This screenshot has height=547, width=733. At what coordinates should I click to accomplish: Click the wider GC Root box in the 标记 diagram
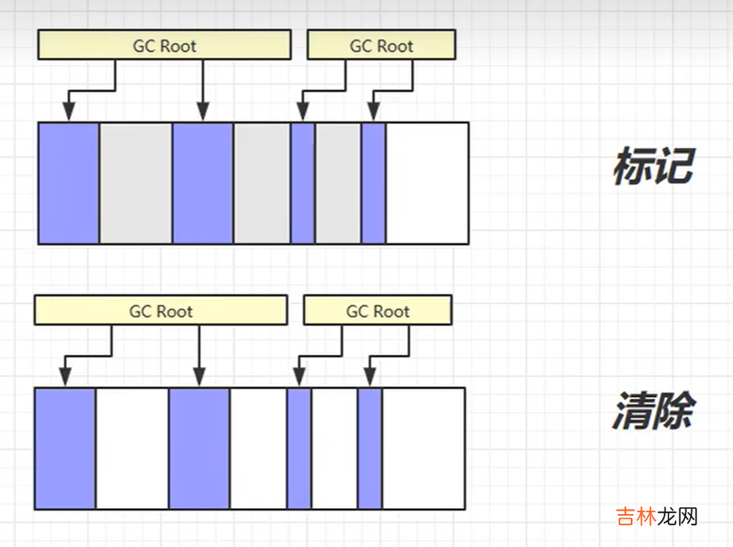point(165,45)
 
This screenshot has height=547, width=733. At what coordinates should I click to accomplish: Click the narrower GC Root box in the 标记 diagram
point(381,45)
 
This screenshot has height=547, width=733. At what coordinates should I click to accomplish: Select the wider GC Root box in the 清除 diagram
point(161,311)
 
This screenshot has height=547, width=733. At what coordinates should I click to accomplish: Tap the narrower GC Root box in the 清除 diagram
point(378,311)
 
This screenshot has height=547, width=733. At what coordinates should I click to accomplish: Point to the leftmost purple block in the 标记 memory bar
point(69,183)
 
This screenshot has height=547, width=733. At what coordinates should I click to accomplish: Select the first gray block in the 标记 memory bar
point(136,183)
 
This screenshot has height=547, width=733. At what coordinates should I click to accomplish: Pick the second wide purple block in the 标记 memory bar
point(203,183)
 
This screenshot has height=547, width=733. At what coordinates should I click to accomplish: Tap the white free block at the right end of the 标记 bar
point(426,183)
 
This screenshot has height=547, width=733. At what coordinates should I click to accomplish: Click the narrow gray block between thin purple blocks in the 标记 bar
point(338,183)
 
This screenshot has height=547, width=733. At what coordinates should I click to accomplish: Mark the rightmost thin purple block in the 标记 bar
point(373,183)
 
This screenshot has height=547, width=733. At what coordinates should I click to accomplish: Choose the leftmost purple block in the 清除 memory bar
point(66,448)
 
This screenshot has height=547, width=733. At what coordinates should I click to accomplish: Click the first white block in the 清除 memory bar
point(133,448)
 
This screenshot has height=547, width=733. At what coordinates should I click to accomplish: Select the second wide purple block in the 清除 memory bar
point(199,448)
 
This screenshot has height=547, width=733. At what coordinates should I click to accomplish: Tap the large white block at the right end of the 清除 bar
point(423,448)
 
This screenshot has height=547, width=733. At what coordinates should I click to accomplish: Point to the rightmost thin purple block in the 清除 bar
point(370,448)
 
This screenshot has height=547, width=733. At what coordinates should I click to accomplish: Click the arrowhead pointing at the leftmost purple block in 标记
point(69,113)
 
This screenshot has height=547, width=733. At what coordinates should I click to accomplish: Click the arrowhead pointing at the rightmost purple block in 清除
point(370,378)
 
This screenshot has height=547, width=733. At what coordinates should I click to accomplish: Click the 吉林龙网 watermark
point(657,517)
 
